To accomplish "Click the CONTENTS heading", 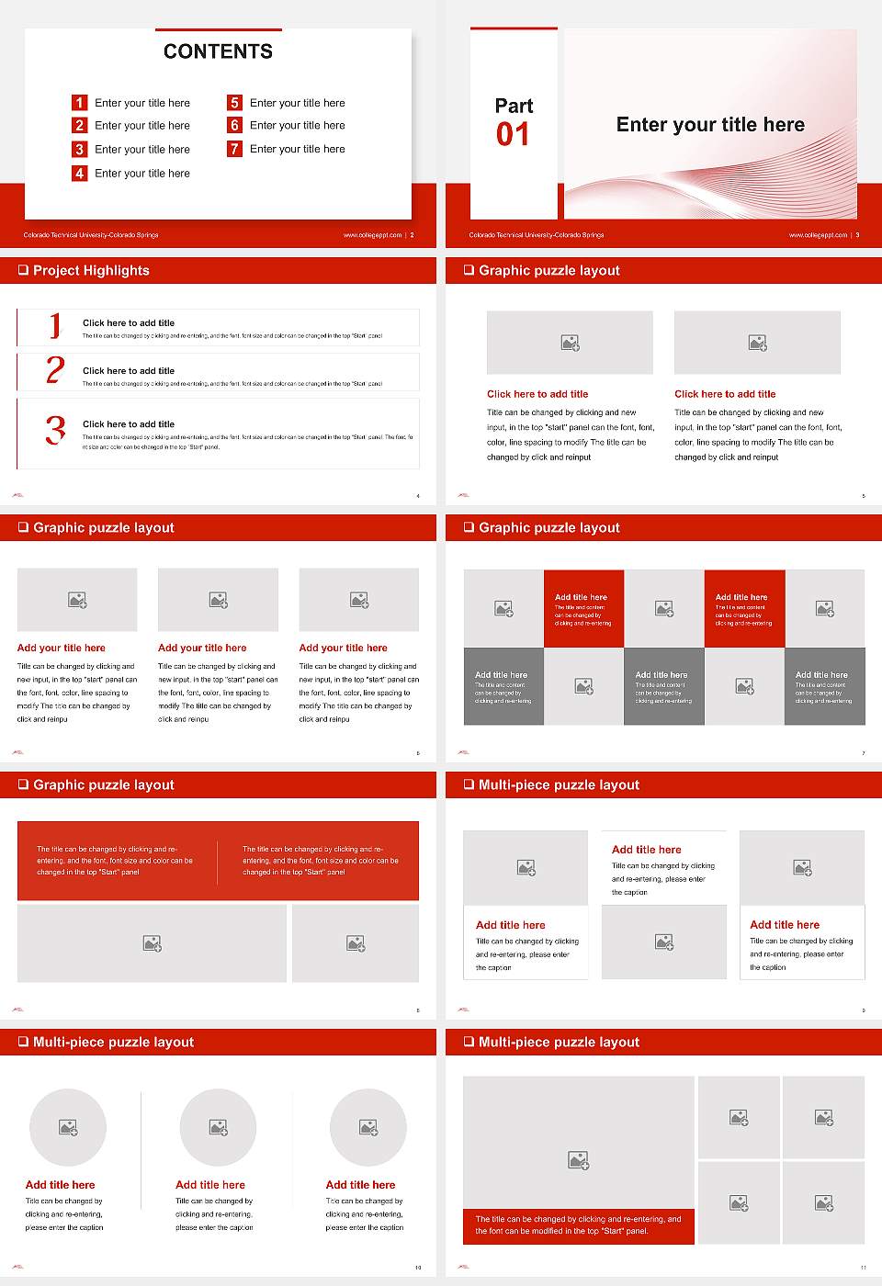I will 218,51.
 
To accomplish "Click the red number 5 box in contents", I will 235,103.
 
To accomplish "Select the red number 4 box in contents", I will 80,173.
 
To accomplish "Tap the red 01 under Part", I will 513,135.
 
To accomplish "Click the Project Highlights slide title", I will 91,270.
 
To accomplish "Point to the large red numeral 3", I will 56,430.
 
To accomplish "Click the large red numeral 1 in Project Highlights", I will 55,325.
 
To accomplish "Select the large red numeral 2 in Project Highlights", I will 55,370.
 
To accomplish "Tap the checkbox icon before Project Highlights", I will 23,270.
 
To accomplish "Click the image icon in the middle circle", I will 218,1127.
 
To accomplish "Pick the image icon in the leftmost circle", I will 68,1127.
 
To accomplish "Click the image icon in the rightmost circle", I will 368,1127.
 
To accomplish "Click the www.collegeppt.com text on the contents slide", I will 372,235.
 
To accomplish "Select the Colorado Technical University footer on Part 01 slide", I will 537,235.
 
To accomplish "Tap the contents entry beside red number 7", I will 297,149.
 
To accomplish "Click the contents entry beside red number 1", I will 142,103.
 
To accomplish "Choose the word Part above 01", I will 514,106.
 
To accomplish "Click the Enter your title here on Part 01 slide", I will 710,125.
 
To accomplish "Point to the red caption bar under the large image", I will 578,1225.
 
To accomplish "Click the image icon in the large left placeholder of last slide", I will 578,1161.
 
